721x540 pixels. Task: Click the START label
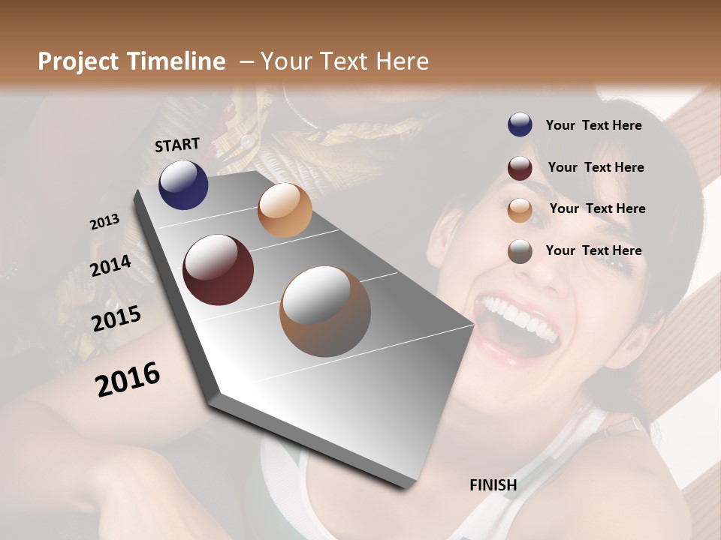click(x=177, y=145)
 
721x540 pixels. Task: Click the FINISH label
click(x=493, y=485)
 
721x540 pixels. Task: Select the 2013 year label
click(x=104, y=222)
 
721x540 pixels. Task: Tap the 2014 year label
click(x=110, y=266)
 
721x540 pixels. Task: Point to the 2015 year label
click(x=116, y=319)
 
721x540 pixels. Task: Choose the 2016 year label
click(x=128, y=379)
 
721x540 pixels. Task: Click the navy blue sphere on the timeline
click(x=183, y=185)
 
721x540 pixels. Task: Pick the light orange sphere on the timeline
click(x=285, y=210)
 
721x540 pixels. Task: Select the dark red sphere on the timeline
click(x=218, y=270)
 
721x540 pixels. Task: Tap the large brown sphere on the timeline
click(x=325, y=311)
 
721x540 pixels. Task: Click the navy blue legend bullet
click(x=520, y=125)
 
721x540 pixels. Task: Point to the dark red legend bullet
click(x=520, y=168)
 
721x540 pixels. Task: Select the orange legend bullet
click(x=520, y=210)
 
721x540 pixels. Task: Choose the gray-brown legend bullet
click(x=520, y=251)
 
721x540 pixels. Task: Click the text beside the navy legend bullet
click(x=593, y=125)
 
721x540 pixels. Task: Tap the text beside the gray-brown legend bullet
click(x=593, y=250)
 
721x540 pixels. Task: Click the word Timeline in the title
click(x=177, y=61)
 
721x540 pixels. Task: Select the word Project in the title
click(x=78, y=61)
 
